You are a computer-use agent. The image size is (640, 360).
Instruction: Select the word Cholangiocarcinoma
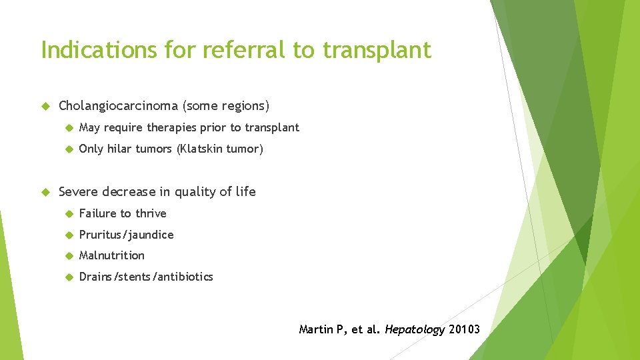119,105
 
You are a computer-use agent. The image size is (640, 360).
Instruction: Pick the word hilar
121,149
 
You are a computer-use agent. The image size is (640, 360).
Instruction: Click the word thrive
151,213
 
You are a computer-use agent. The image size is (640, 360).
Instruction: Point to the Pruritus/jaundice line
126,235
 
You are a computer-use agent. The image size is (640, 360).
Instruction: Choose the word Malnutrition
111,255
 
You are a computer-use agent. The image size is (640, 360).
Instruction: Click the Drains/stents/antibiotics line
146,277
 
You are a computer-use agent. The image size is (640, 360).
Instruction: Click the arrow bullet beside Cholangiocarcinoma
45,106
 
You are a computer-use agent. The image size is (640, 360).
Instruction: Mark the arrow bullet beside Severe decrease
45,192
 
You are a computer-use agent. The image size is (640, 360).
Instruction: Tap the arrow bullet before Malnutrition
67,256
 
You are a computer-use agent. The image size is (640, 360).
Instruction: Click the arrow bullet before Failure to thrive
67,214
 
